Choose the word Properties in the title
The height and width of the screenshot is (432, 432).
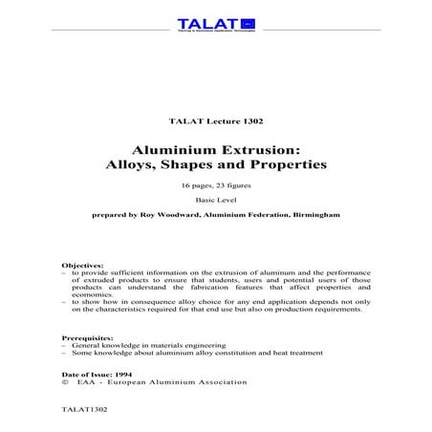pos(292,165)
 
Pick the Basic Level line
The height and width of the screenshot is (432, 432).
pos(215,202)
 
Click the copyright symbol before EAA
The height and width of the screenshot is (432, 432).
pos(63,382)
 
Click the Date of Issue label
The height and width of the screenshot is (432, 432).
pos(82,373)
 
